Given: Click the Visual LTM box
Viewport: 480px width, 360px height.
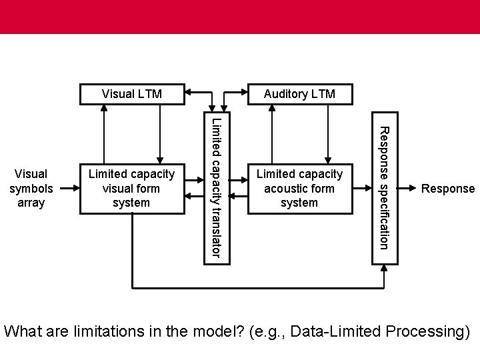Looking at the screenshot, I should coord(131,94).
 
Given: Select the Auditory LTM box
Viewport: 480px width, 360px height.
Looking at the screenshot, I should coord(299,94).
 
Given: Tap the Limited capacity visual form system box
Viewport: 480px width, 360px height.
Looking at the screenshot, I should coord(131,188).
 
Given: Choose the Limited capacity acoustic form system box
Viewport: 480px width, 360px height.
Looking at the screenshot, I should coord(299,188).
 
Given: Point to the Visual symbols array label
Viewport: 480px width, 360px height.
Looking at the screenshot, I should coord(27,188).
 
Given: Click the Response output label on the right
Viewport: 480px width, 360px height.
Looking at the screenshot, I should coord(448,189).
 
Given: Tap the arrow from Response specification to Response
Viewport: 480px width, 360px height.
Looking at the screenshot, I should coord(408,189).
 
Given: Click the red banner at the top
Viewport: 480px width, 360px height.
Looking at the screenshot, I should coord(240,17).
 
